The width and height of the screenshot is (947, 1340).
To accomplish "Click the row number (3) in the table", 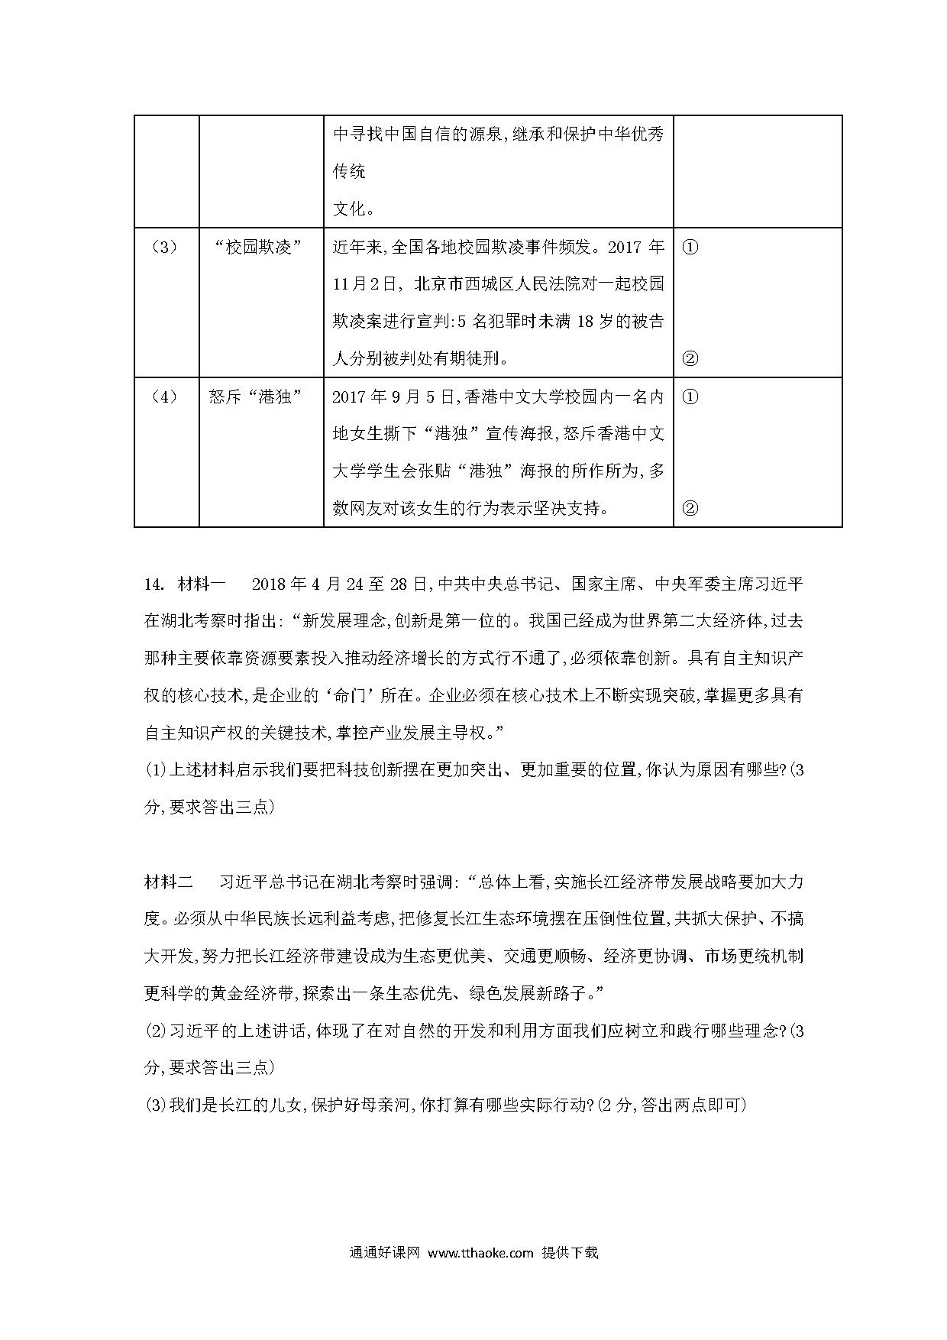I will (166, 248).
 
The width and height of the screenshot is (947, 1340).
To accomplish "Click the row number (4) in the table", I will (166, 397).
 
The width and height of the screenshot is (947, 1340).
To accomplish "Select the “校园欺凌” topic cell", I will (260, 248).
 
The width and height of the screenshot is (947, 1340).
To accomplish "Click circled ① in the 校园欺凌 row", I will (689, 248).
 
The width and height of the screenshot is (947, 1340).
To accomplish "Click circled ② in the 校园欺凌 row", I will (689, 358).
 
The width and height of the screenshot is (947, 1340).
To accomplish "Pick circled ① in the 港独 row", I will (689, 397).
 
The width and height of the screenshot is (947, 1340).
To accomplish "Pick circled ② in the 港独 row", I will (689, 508).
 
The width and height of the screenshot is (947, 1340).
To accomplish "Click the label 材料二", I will (170, 882).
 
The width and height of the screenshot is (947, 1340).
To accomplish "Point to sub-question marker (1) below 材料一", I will (155, 770).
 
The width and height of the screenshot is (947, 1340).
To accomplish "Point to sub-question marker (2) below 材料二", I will (155, 1031).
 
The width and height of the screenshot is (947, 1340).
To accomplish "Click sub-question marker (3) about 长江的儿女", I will (155, 1105).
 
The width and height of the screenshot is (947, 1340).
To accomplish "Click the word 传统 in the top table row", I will (349, 171).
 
